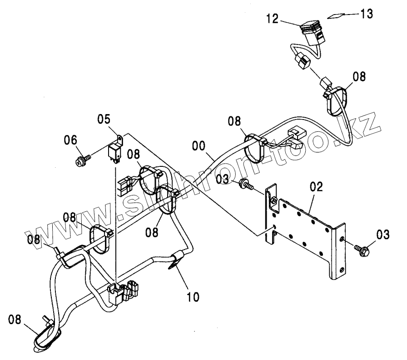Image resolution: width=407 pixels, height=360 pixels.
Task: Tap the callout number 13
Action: (x=367, y=14)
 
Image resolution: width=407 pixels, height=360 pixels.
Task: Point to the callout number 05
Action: (x=104, y=120)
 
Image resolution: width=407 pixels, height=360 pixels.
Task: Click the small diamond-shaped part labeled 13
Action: (x=335, y=15)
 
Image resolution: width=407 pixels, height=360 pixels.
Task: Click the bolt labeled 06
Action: (x=83, y=159)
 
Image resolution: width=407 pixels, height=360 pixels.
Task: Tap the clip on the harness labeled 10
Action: (x=176, y=261)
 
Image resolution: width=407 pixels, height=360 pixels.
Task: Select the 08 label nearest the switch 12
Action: (x=358, y=76)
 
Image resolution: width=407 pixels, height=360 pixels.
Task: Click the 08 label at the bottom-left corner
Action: (x=15, y=320)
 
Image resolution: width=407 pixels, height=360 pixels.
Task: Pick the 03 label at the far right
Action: (x=382, y=235)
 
